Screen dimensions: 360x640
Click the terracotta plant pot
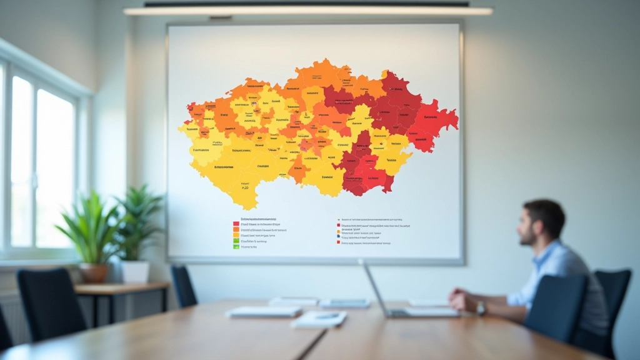(94, 272)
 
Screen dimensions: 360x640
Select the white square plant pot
(135, 271)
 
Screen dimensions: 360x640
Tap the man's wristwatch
(481, 307)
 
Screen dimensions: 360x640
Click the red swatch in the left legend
(236, 224)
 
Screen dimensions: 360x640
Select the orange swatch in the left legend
(236, 229)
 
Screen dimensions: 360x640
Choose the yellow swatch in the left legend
(236, 235)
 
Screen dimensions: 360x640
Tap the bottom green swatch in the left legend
(236, 247)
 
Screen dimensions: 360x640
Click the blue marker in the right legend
(338, 236)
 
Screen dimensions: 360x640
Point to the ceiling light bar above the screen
(307, 11)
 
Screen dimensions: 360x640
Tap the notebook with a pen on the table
(319, 319)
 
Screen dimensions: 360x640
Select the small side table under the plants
(122, 288)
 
